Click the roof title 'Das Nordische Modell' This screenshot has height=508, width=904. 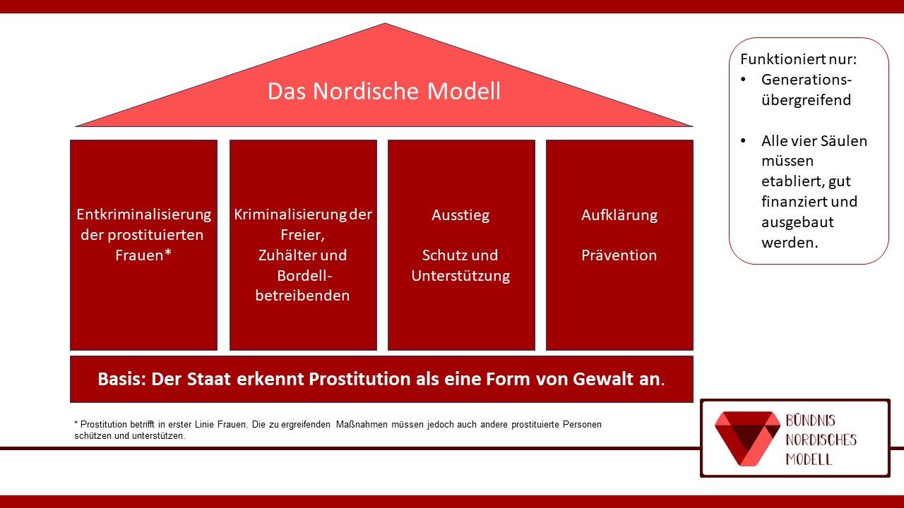[383, 92]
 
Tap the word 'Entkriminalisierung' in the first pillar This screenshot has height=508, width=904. [144, 214]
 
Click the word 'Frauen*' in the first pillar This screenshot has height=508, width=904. [144, 255]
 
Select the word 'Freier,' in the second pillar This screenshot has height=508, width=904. [302, 235]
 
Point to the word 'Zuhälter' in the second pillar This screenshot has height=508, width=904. [283, 255]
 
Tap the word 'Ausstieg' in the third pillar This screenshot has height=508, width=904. [460, 215]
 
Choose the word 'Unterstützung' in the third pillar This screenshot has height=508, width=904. [460, 276]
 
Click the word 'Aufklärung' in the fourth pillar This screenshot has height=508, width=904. [619, 215]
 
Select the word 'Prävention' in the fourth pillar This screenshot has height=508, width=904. [619, 255]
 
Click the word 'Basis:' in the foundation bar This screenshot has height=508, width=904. [121, 379]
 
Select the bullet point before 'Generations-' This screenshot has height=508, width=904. [743, 80]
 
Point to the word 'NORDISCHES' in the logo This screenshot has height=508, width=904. [821, 440]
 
